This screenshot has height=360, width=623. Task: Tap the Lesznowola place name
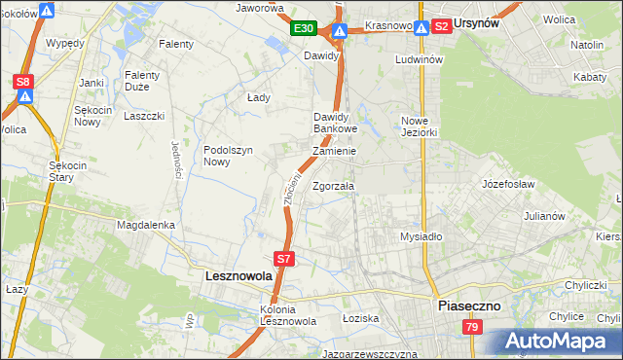coord(238,276)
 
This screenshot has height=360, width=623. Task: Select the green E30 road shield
coord(303,29)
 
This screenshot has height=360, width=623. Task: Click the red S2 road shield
coord(441,26)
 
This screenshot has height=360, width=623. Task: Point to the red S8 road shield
coord(24,82)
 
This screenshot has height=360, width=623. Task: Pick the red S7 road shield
coord(283,259)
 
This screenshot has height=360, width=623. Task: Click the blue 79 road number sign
coord(472,328)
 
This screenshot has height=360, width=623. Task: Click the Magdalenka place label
coord(145,225)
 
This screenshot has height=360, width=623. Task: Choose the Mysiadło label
coord(421,236)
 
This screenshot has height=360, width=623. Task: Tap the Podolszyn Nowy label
coord(229,156)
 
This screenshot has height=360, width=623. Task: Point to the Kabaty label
coord(594,75)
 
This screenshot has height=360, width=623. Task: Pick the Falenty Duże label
coord(149,81)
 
